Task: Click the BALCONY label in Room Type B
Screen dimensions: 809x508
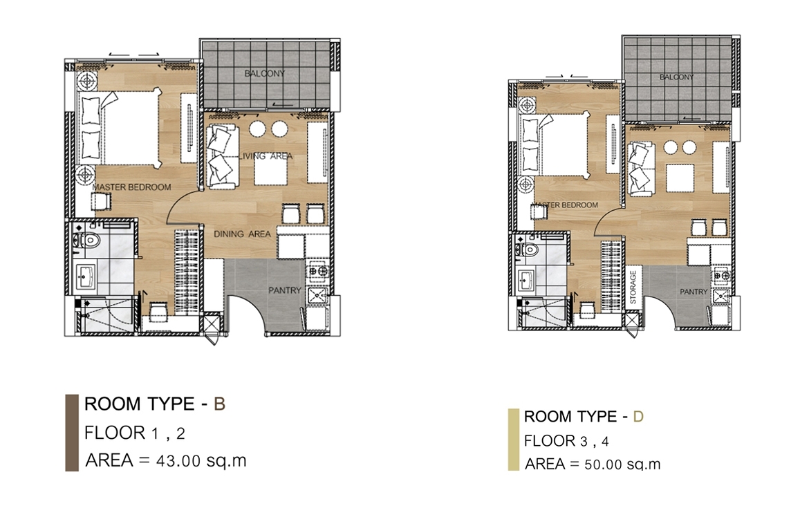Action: coord(264,73)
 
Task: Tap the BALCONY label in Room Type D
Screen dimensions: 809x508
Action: coord(676,77)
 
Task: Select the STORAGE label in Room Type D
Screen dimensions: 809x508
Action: coord(633,287)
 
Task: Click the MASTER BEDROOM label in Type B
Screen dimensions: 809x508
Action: coord(131,187)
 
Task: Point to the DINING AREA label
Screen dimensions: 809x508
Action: coord(242,234)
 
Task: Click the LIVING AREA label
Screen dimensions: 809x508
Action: coord(266,156)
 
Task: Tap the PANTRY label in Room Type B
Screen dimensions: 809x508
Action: coord(284,290)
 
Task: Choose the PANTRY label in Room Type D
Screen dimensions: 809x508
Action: coord(694,292)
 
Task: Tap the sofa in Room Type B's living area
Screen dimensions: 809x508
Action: coord(223,156)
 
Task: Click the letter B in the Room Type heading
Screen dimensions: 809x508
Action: coord(219,404)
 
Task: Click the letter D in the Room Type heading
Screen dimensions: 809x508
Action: coord(638,417)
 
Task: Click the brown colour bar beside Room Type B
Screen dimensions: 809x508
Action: coord(72,433)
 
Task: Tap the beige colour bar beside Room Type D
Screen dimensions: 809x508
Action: coord(513,440)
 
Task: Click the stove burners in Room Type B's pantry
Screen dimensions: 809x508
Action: coord(316,271)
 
